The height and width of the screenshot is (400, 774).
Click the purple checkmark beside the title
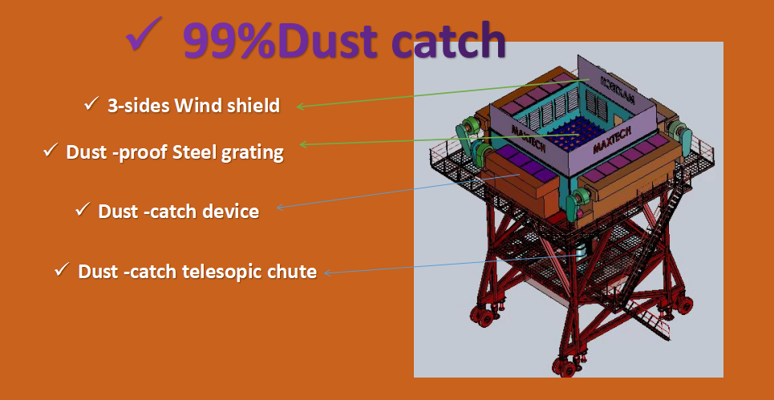tap(144, 34)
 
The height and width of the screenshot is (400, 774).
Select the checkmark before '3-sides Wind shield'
tap(91, 104)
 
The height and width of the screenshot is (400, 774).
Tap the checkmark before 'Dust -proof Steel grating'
tap(51, 150)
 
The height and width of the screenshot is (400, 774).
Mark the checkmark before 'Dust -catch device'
tap(82, 209)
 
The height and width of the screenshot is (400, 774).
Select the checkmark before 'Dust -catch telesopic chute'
tap(62, 269)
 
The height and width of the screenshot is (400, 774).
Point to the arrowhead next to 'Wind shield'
tap(299, 106)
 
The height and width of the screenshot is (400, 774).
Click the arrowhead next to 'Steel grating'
tap(303, 144)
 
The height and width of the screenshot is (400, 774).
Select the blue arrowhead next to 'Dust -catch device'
tap(280, 207)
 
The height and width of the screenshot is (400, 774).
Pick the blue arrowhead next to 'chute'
tap(326, 272)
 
